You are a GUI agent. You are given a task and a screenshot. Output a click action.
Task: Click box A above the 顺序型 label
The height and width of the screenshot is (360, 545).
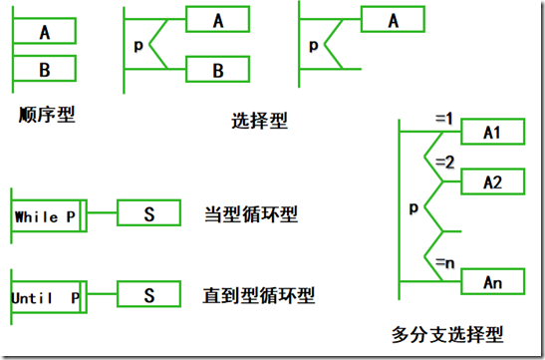coord(46,32)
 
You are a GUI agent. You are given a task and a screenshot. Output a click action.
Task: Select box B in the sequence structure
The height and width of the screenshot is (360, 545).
coord(46,70)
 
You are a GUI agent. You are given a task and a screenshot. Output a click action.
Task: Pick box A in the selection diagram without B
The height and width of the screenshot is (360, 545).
coord(392,20)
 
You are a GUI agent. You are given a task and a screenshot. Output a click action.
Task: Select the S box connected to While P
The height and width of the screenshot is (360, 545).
coord(148,213)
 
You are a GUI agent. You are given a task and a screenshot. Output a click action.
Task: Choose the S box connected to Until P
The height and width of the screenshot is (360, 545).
coord(148,296)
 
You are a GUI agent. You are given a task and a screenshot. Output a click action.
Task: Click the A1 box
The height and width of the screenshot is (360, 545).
coord(491,132)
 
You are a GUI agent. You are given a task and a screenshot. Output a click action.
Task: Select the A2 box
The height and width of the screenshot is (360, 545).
coord(491,182)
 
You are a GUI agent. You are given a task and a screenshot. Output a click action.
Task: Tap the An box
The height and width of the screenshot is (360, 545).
coord(491,282)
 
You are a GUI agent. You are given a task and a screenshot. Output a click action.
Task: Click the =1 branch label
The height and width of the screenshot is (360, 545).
coord(443,119)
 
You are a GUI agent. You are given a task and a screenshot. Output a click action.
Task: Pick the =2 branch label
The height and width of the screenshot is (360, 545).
coord(443,161)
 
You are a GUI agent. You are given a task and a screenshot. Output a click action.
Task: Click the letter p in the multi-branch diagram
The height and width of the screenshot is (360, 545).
coord(413,209)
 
